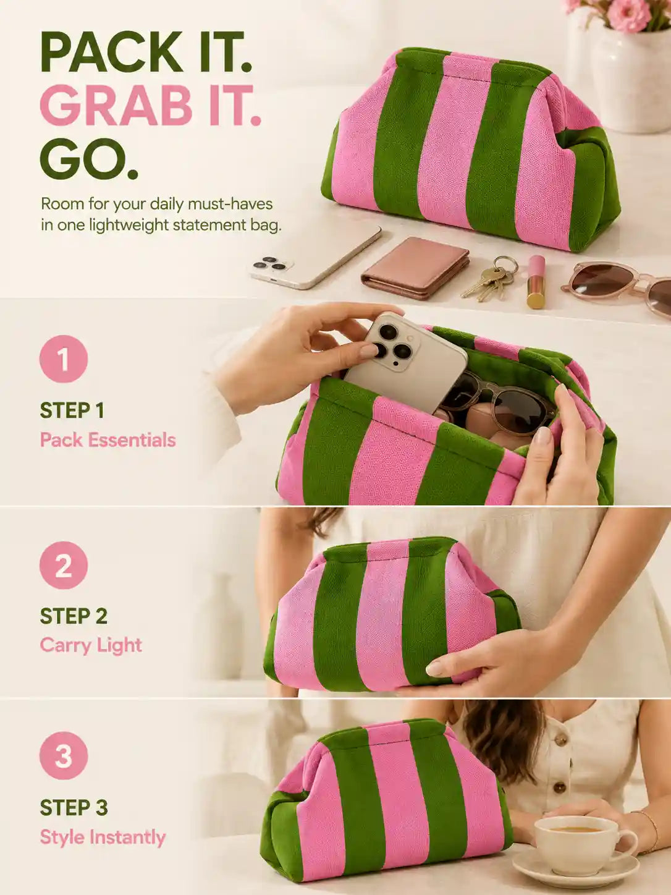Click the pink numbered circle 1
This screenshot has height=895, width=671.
(64, 359)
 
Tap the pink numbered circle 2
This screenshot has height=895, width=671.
(64, 565)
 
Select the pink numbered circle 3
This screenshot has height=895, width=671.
(64, 755)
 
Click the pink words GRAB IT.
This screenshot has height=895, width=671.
(150, 105)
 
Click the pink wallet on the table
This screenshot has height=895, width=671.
(415, 267)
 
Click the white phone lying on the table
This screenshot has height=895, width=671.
(316, 257)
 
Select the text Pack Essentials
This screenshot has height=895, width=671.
(108, 440)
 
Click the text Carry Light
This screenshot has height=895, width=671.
(91, 645)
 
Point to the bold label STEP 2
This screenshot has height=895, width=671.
(74, 616)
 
